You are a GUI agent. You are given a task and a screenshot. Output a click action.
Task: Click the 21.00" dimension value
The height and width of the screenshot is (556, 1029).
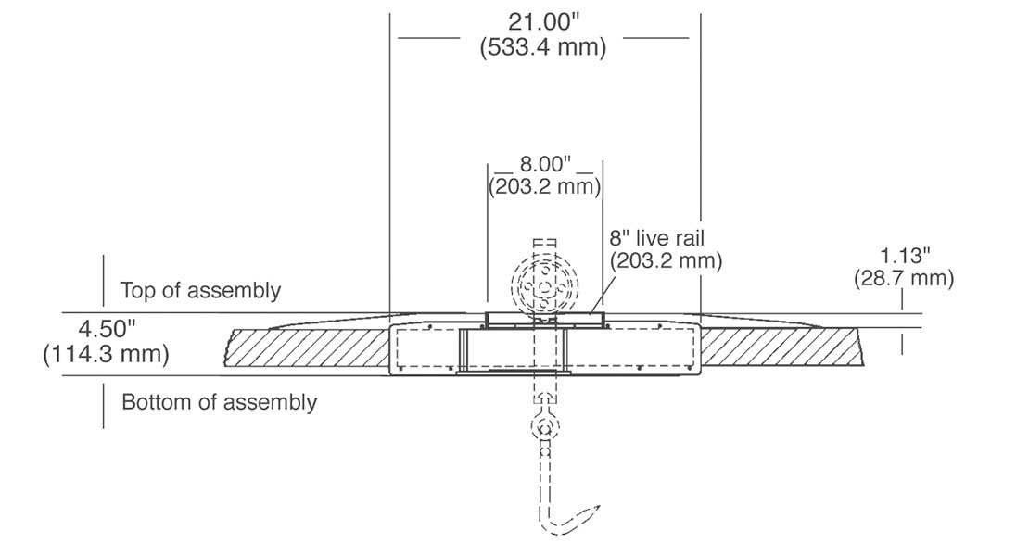point(544,21)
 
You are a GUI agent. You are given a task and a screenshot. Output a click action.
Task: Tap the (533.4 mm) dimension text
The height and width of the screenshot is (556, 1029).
point(542,47)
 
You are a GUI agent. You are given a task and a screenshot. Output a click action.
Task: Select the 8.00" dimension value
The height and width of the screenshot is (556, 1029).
point(545,163)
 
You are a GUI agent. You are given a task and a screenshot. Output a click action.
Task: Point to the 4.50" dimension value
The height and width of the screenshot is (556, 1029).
point(107,328)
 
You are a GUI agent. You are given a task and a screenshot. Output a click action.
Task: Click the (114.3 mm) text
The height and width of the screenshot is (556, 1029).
point(107,354)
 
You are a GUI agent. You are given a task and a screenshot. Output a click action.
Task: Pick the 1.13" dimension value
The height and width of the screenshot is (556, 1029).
point(905,255)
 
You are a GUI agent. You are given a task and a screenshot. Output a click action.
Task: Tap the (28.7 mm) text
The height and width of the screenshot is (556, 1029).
point(904,278)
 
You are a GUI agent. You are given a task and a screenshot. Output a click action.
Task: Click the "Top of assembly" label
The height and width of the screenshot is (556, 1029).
point(200,290)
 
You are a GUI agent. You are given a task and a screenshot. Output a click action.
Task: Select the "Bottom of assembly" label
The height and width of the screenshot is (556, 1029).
point(219,401)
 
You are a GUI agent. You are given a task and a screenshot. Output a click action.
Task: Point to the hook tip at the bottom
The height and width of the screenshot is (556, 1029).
point(599,506)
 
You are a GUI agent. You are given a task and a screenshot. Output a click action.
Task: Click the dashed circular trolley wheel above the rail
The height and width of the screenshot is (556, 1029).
point(545,285)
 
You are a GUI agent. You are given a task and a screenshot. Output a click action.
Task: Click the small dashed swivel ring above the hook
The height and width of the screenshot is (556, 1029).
point(545,428)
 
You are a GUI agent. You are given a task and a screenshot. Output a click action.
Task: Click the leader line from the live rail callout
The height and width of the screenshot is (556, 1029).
point(602,294)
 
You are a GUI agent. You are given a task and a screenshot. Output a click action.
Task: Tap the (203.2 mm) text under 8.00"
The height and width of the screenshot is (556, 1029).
point(545,186)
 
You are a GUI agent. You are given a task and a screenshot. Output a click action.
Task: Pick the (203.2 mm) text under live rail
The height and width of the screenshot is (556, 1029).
point(667,260)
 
